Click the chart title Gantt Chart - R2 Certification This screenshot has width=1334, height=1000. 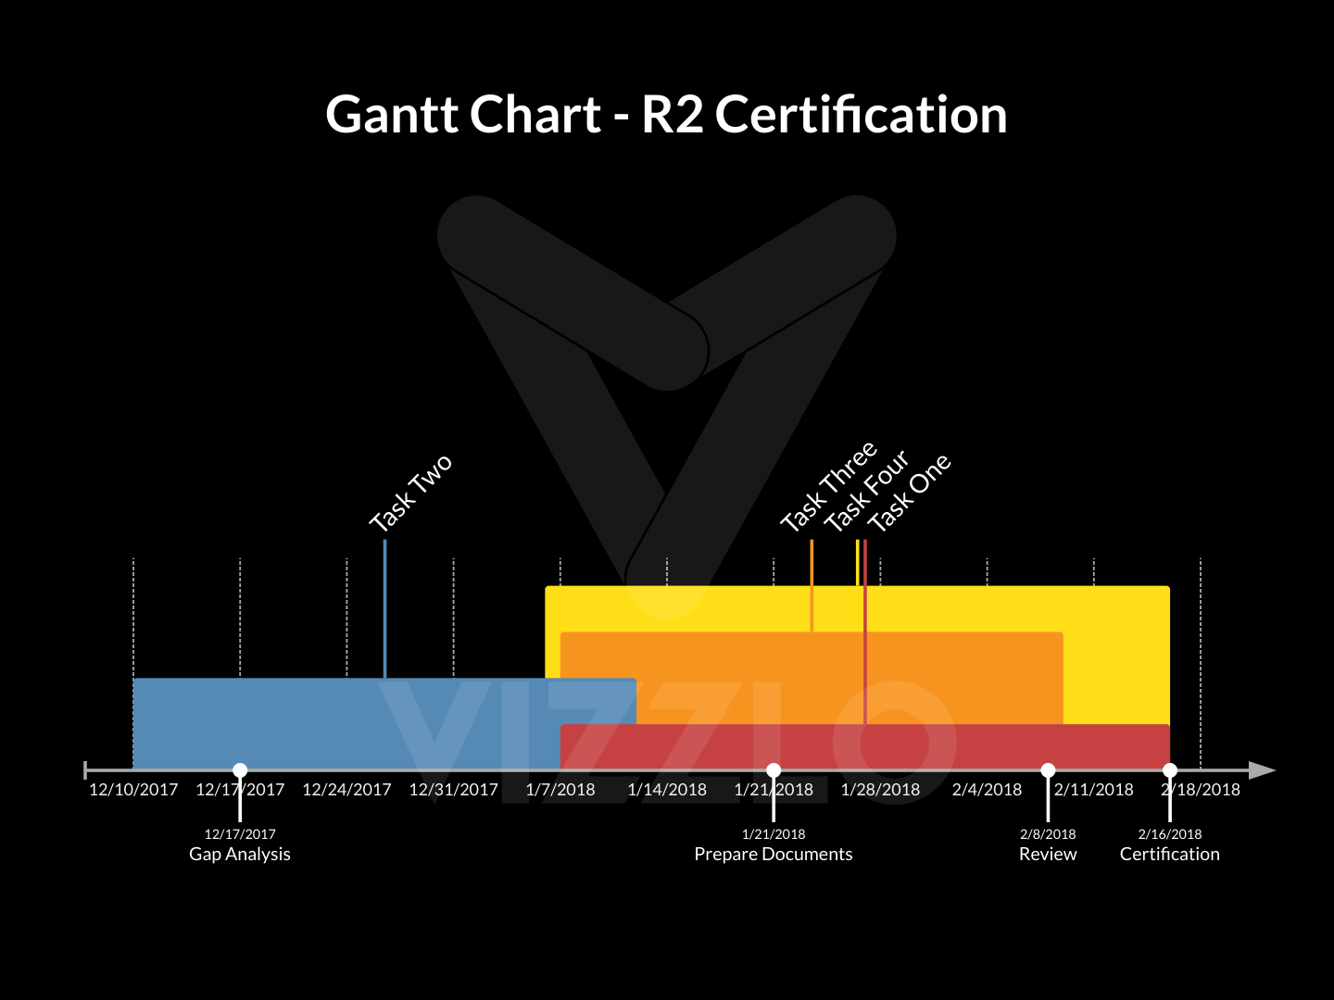coord(666,115)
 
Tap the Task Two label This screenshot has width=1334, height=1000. coord(410,494)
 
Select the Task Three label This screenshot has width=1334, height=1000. coord(828,488)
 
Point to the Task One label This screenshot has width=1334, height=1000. coord(909,494)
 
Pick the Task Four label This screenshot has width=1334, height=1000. coord(867,492)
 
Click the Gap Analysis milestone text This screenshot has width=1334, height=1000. coord(240,854)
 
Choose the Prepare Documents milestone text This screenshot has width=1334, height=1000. coord(774,854)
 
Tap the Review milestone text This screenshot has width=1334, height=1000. coord(1048,854)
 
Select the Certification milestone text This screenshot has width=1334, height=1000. coord(1170,854)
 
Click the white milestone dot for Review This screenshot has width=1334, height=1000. coord(1048,770)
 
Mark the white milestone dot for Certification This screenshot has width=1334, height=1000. coord(1170,770)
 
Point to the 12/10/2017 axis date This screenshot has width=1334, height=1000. coord(133,790)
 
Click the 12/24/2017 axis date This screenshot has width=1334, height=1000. coord(346,790)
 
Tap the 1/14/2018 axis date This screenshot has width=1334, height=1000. coord(667,790)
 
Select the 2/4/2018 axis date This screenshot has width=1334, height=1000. coord(987,790)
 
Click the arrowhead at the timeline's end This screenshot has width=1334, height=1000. coord(1262,770)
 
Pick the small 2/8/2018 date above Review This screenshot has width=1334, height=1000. coord(1048,834)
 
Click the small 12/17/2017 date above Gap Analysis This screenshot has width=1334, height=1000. coord(240,834)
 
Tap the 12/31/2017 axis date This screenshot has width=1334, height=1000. coord(453,790)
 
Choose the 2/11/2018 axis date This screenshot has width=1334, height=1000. coord(1094,790)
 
